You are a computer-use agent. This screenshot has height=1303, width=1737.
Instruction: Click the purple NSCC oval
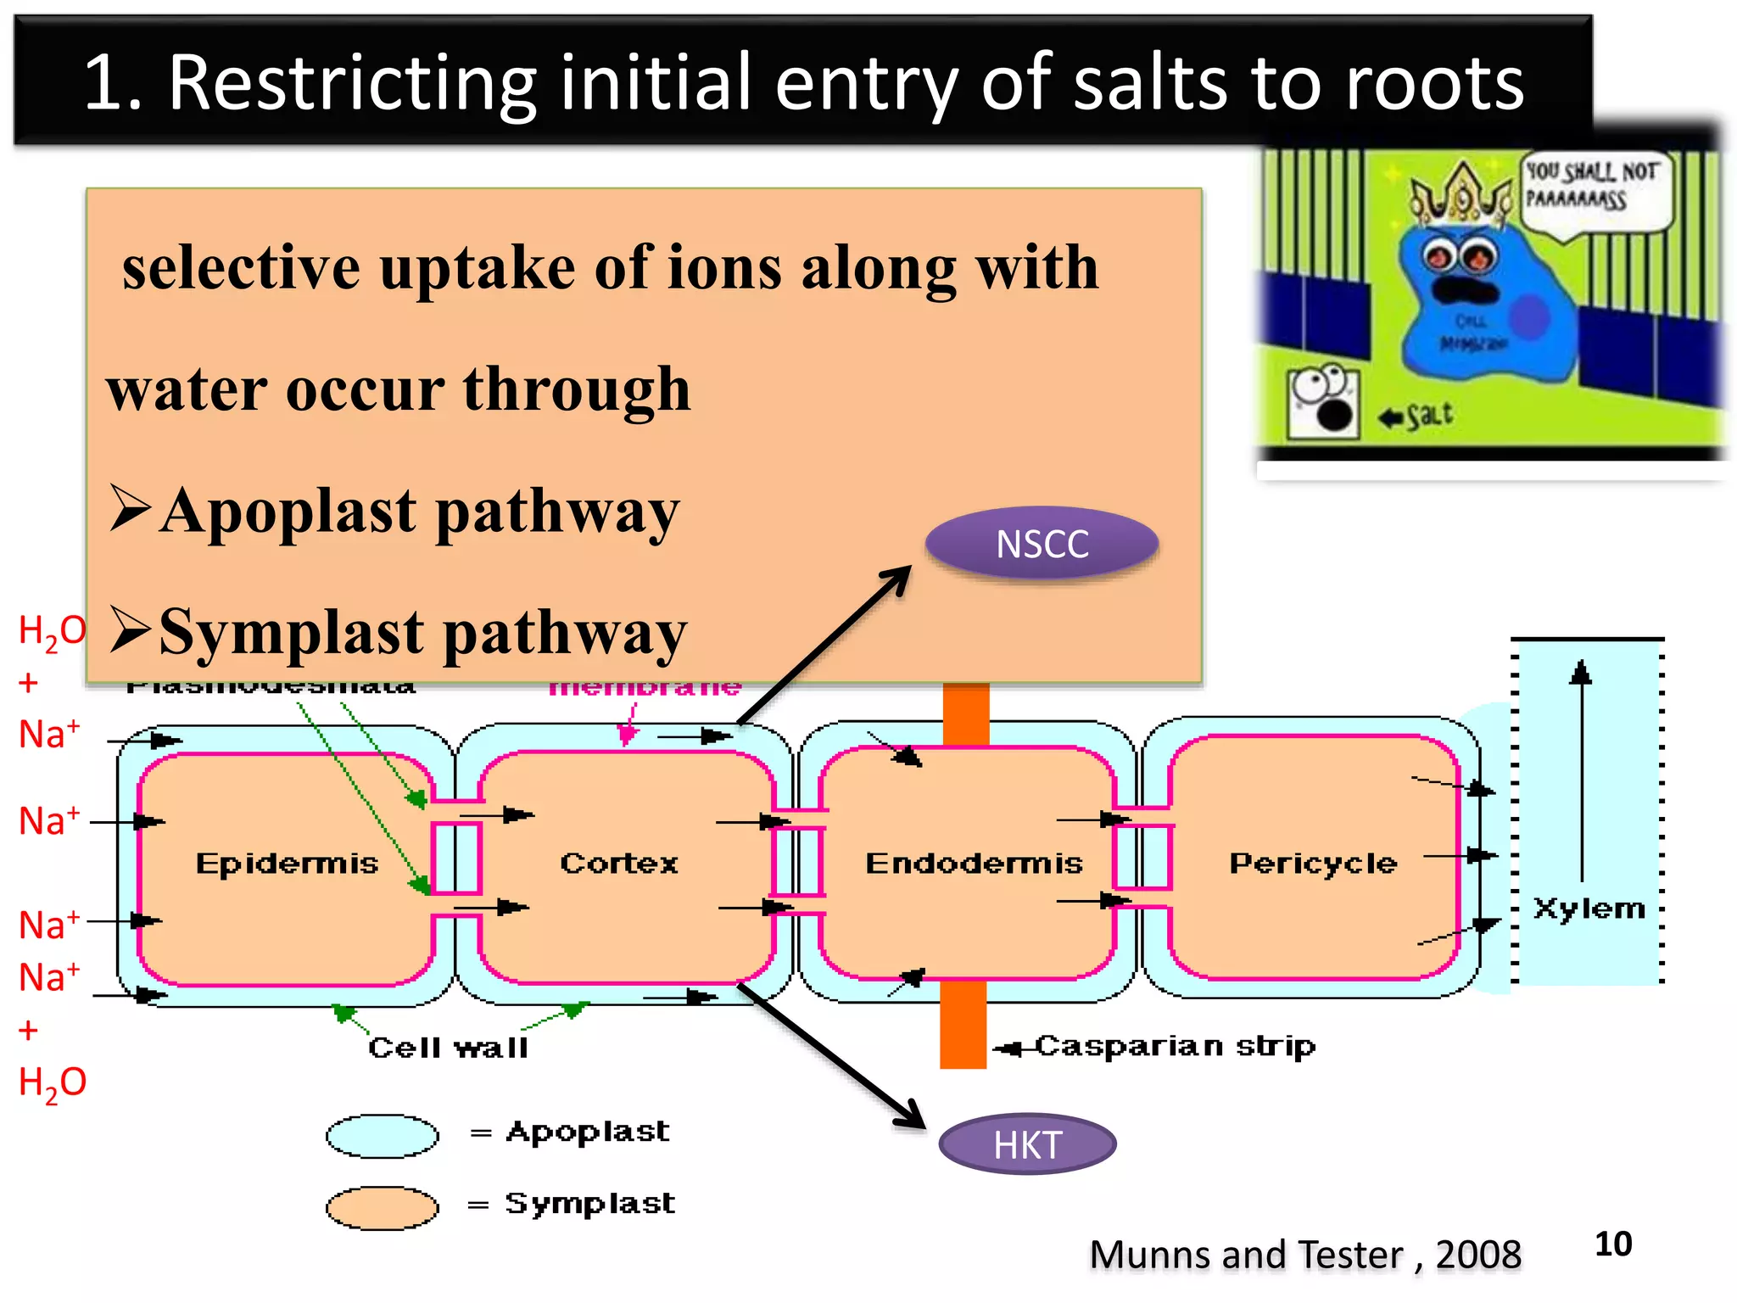pos(1042,544)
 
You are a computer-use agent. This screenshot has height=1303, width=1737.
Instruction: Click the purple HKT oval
pos(1027,1144)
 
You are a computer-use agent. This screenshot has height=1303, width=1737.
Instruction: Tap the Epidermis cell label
pos(287,864)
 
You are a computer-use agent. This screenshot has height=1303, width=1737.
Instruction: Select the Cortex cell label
pos(619,864)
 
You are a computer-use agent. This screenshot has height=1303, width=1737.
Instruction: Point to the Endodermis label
pos(974,864)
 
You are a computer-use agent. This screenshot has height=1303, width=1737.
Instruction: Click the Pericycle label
pos(1313,864)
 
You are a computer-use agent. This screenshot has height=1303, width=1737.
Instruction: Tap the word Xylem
pos(1589,909)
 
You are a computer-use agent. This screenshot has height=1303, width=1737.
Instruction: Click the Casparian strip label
pos(1175,1046)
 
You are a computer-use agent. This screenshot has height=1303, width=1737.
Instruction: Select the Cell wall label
pos(448,1048)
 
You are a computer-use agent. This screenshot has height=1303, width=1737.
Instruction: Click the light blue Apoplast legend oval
pos(383,1136)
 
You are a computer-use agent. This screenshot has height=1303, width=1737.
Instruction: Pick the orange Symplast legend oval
pos(383,1208)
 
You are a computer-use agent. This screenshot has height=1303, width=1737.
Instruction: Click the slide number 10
pos(1612,1244)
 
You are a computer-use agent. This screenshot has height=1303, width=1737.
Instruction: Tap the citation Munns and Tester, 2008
pos(1304,1255)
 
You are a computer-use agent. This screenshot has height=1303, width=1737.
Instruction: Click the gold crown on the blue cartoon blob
pos(1461,194)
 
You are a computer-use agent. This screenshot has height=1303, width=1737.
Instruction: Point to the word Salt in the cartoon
pos(1429,416)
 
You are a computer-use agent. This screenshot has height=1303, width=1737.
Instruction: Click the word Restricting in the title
pos(352,82)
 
